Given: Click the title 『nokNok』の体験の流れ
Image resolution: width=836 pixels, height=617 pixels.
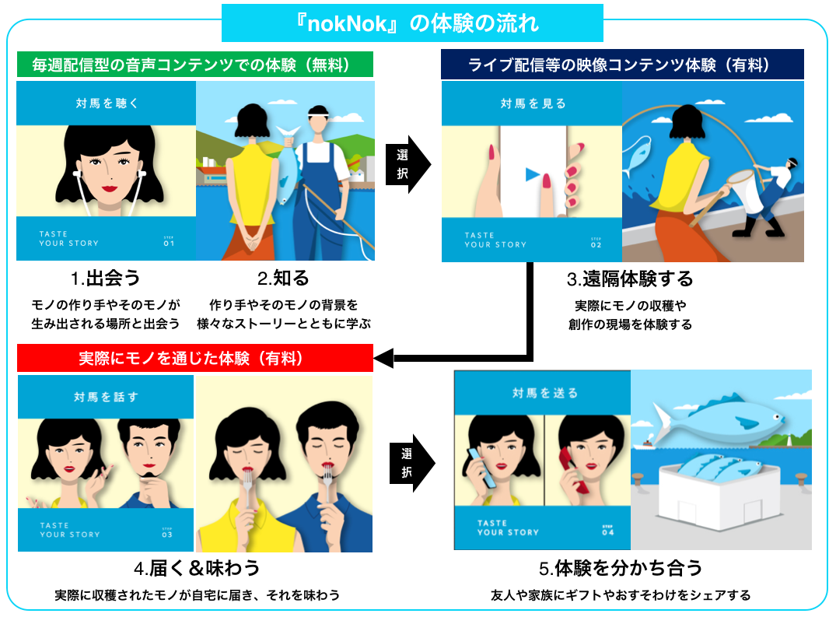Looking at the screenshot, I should click(x=412, y=23).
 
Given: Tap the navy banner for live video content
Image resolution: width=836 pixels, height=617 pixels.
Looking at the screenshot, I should click(x=621, y=65).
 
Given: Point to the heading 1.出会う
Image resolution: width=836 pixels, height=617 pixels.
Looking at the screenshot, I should click(x=105, y=279).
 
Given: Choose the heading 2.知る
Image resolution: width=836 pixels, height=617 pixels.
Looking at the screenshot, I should click(x=283, y=279).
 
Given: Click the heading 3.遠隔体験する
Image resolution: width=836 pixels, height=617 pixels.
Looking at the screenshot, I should click(x=630, y=279).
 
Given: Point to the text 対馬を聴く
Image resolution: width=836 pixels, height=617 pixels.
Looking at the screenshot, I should click(x=106, y=103).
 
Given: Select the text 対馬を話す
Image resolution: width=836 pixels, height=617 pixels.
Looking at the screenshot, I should click(x=107, y=397).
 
